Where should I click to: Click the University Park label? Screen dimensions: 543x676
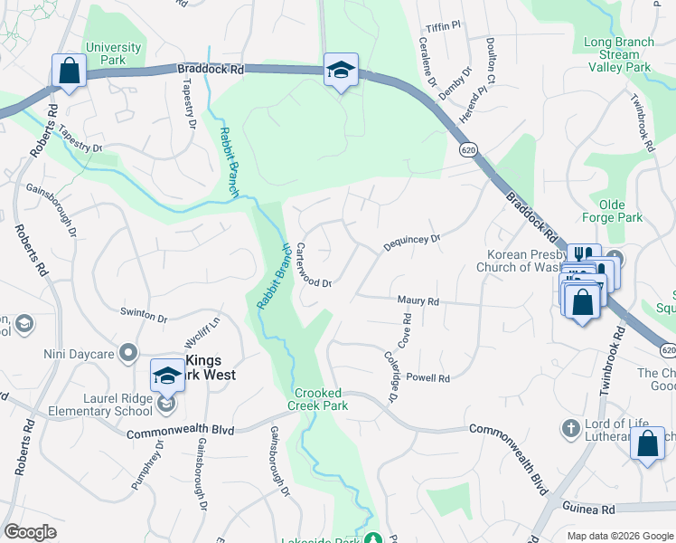point(113,53)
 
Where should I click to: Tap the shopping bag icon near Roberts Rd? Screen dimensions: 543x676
point(69,70)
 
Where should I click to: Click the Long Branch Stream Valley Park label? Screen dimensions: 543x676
point(618,54)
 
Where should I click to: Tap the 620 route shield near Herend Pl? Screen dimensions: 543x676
point(467,148)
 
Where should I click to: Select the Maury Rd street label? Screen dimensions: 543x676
point(418,300)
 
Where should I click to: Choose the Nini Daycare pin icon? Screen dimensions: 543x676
point(128,352)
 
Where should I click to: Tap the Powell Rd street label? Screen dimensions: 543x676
point(427,377)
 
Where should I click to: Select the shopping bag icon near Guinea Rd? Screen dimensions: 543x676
point(647,443)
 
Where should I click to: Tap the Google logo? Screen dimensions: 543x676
point(30,532)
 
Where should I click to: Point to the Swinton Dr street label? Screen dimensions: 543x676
point(145,318)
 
